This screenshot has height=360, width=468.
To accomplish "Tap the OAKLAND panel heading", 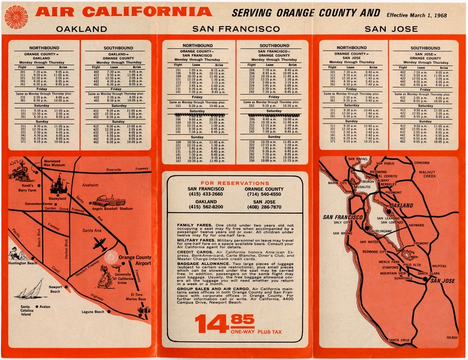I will click(80, 28).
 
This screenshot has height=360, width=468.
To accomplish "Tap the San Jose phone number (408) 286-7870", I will click(264, 207).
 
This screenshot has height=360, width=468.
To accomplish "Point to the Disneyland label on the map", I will click(58, 199).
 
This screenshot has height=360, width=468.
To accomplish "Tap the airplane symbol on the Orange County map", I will click(100, 244).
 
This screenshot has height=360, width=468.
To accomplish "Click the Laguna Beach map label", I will click(93, 312).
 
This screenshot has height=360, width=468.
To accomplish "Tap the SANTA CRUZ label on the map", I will click(398, 340).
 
